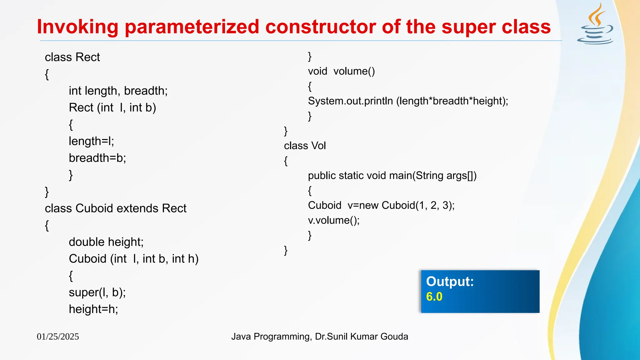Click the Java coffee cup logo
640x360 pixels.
coord(595,25)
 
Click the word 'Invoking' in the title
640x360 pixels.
coord(77,27)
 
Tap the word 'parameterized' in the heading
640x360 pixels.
coord(192,27)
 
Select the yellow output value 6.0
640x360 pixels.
coord(434,297)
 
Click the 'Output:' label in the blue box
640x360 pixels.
coord(450,282)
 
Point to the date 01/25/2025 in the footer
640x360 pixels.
coord(58,337)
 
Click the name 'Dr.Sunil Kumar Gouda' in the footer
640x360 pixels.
coord(361,337)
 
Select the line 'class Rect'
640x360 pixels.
coord(72,57)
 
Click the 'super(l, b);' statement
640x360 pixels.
coord(97,292)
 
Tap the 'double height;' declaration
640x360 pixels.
coord(106,242)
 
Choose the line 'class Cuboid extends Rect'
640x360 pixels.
coord(115,208)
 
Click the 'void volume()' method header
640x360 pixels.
coord(341,71)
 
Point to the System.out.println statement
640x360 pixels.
coord(408,101)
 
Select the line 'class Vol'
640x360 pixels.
coord(305,146)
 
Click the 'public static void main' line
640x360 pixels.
coord(392,176)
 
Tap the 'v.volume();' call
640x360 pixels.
coord(334,220)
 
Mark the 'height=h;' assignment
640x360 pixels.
coord(93,309)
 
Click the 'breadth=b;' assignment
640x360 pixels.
coord(97,158)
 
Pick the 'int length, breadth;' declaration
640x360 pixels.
coord(118,91)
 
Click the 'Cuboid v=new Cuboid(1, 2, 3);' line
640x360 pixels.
coord(381,205)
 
